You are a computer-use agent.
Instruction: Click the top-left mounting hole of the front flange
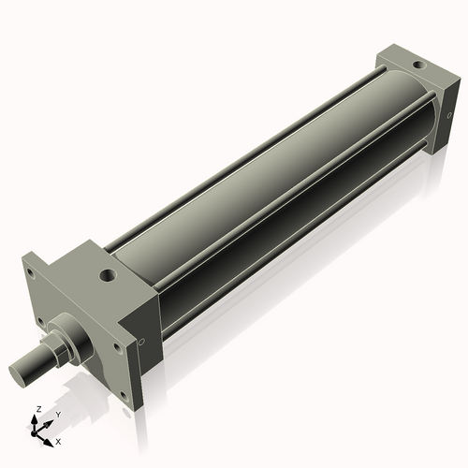point(31,274)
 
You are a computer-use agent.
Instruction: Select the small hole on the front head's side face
point(140,344)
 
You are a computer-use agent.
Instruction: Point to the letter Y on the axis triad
point(57,414)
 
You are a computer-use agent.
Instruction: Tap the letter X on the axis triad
point(58,440)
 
